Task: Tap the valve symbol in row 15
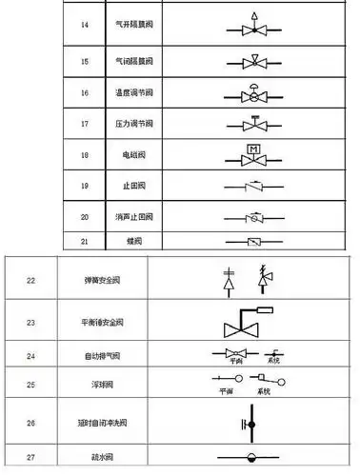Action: click(254, 64)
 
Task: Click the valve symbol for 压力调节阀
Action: click(254, 124)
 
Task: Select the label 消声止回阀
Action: click(117, 216)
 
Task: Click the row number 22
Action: click(30, 280)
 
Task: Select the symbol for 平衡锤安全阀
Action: click(243, 324)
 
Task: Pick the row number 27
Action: click(30, 458)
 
